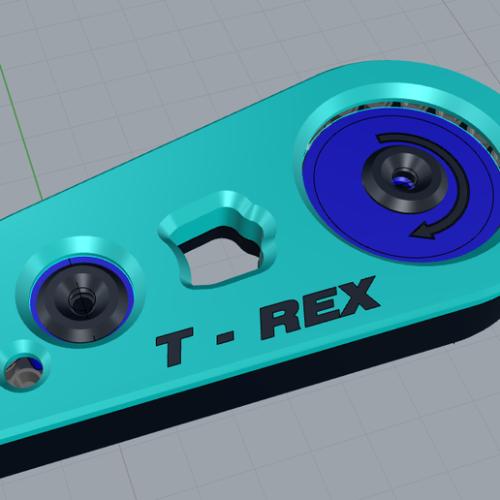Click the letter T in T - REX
click(x=174, y=346)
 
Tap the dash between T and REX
click(x=226, y=338)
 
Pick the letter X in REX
click(x=356, y=295)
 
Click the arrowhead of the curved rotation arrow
click(x=423, y=232)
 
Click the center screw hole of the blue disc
click(x=404, y=178)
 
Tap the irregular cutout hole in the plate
click(x=219, y=255)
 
